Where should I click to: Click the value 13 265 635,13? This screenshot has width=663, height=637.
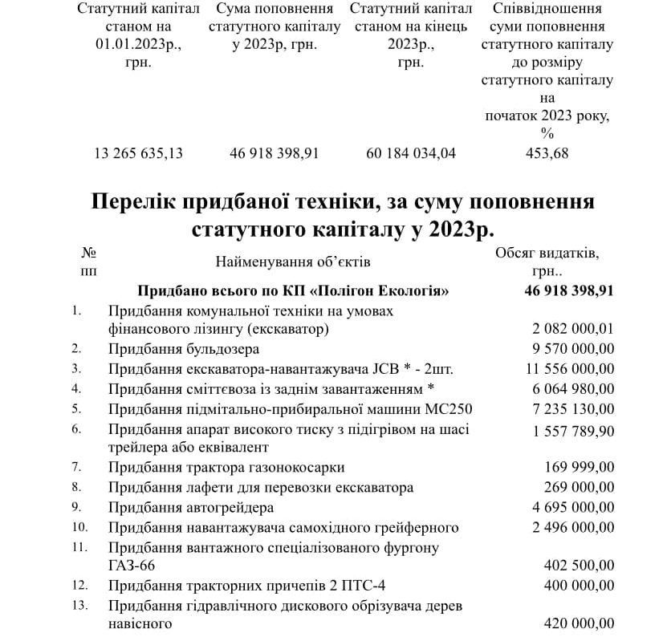coord(139,153)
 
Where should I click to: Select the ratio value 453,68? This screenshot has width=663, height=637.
coord(547,153)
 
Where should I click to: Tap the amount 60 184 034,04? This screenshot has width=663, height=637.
coord(410,153)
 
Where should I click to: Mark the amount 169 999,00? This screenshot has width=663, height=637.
coord(580,467)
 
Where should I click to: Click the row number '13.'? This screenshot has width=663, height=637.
coord(79,605)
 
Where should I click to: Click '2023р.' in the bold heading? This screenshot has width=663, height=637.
coord(452,228)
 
